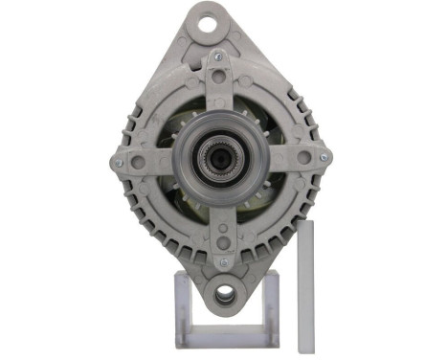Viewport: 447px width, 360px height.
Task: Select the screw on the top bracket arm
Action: click(x=219, y=57)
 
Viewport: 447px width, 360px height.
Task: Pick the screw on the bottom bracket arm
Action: click(x=224, y=261)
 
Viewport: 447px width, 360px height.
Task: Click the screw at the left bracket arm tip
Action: click(x=118, y=163)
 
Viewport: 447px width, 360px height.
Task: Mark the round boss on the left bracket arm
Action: click(x=139, y=161)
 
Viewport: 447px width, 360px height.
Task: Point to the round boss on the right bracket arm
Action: click(x=303, y=157)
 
